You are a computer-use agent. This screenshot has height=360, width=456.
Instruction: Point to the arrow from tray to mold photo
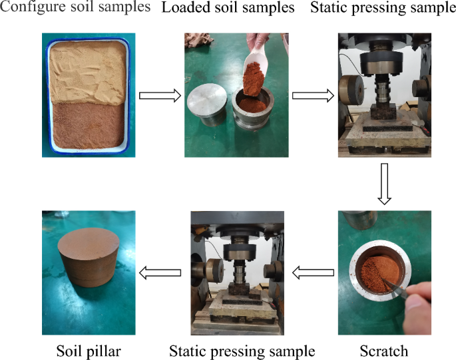[160, 96]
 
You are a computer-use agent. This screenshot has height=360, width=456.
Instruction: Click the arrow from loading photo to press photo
[313, 96]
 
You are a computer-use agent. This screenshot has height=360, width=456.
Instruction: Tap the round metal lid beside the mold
[210, 106]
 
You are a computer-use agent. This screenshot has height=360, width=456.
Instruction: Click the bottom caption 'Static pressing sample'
[242, 349]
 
